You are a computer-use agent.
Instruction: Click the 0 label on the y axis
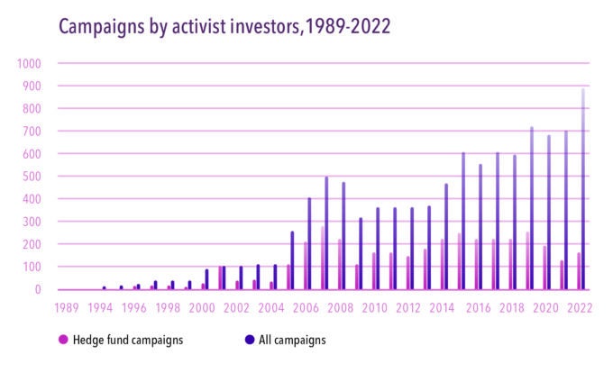point(37,289)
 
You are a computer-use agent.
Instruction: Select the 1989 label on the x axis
point(66,307)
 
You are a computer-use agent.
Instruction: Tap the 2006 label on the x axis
point(306,307)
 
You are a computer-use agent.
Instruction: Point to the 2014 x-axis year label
point(442,307)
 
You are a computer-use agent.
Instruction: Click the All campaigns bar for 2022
point(583,189)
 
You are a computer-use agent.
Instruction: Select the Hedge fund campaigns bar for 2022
point(578,271)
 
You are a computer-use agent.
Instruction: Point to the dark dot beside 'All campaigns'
point(250,340)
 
